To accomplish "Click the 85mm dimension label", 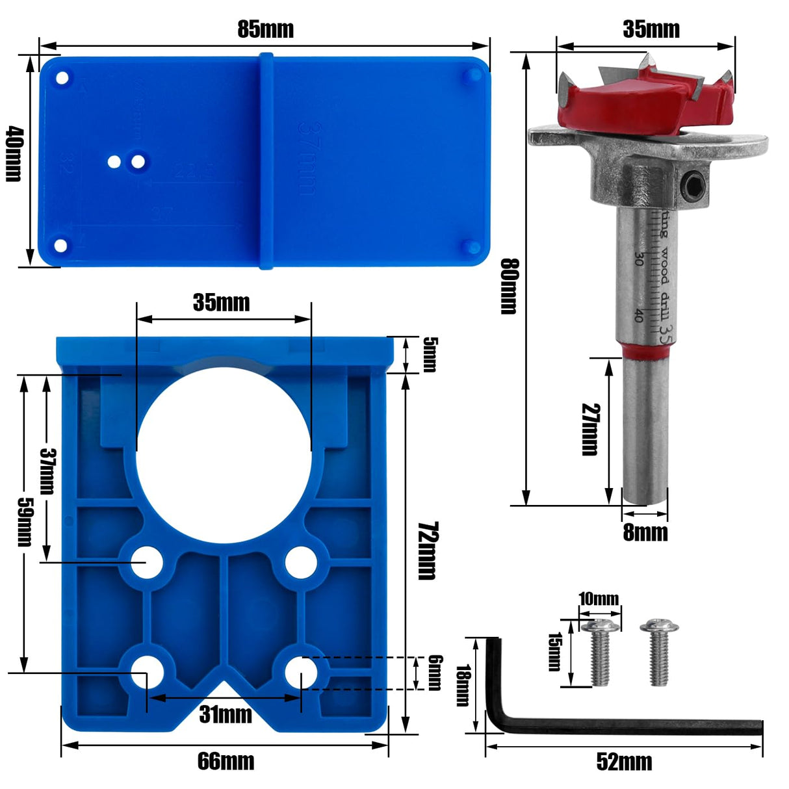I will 265,29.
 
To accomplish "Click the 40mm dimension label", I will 14,154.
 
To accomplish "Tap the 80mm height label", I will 509,286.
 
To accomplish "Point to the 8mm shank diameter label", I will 645,532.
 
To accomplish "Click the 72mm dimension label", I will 427,550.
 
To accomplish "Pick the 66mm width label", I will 226,761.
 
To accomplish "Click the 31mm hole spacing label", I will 226,714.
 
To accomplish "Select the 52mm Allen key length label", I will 624,762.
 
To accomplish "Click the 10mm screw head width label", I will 599,598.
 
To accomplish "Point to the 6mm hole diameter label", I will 435,672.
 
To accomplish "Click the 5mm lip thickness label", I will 429,354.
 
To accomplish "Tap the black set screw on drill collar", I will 692,186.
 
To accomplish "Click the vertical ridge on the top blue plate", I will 266,160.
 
